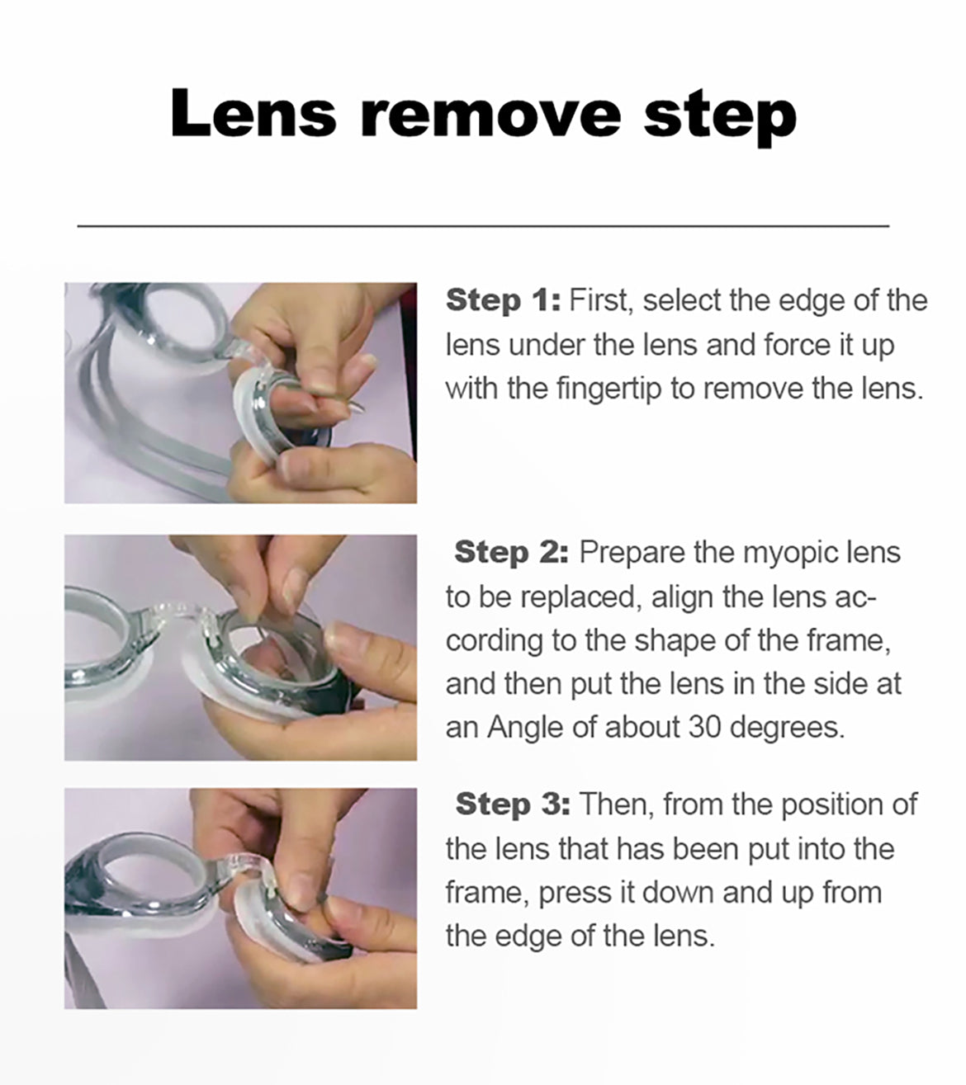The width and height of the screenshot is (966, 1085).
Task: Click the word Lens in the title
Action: [253, 114]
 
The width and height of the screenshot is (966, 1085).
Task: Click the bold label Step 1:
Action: [503, 300]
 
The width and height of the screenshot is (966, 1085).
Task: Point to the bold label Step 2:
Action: [511, 552]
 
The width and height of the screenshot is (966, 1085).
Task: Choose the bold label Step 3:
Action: [513, 804]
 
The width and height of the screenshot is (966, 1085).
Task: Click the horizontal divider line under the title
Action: [483, 226]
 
